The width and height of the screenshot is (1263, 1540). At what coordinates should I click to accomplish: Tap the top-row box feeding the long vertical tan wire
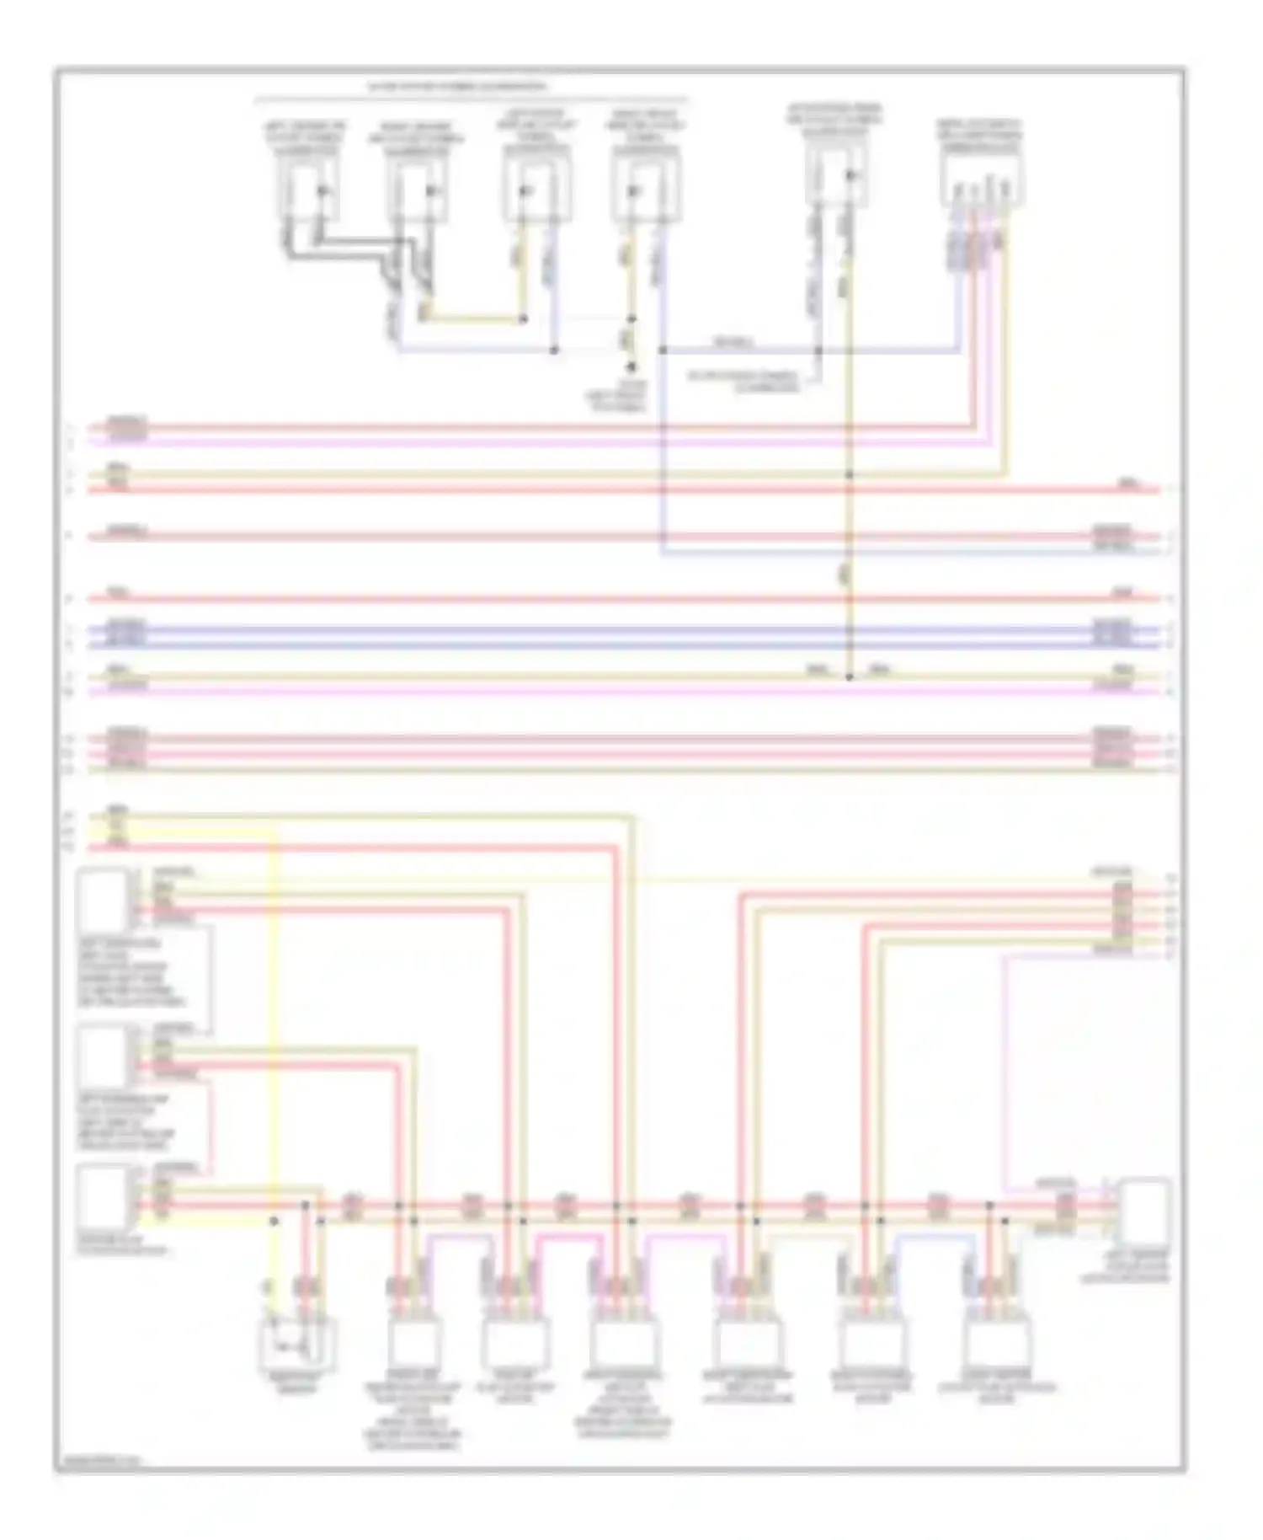pos(836,175)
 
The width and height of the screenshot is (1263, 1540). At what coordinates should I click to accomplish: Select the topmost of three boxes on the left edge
pos(103,898)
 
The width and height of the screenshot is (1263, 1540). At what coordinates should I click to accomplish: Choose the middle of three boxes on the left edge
pos(103,1056)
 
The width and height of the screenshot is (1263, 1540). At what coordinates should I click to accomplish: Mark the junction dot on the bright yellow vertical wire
pos(274,1221)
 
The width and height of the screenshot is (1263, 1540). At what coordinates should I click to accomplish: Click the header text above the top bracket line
pos(456,87)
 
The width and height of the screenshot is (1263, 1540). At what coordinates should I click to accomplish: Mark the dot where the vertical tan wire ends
pos(849,676)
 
